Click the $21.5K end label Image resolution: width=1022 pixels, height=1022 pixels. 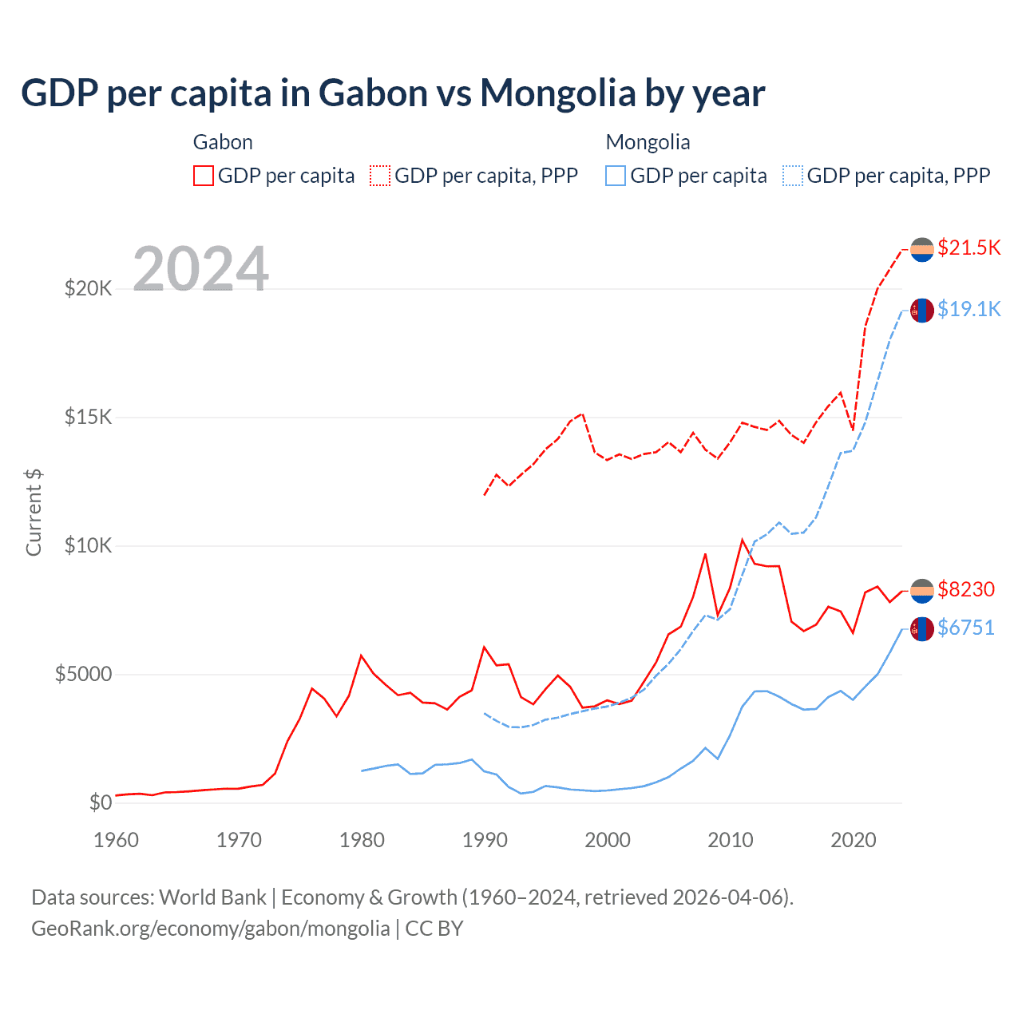point(969,248)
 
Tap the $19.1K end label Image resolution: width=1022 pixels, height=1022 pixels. point(969,309)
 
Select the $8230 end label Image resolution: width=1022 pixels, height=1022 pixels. point(966,589)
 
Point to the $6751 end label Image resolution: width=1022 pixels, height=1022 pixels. point(966,628)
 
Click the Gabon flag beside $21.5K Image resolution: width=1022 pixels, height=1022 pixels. point(922,249)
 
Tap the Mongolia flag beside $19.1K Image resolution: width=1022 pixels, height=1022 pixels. point(922,310)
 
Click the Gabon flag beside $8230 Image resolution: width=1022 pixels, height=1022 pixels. point(922,591)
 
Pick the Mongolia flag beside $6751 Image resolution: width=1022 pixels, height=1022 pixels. point(922,629)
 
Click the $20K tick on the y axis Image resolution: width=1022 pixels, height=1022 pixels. point(88,288)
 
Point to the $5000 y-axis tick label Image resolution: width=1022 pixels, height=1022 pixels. point(83,675)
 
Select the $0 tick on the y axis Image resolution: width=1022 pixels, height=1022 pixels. point(100,802)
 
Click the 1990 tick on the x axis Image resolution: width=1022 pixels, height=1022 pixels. point(485,840)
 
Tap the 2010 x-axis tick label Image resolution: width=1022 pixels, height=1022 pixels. point(731,840)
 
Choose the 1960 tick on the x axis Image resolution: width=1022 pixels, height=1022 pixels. point(117,840)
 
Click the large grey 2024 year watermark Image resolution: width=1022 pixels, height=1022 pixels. point(200,269)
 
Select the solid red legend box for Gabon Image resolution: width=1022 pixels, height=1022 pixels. point(204,176)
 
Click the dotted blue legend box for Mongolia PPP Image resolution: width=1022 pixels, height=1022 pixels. point(793,176)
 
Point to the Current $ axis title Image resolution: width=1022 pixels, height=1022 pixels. point(34,513)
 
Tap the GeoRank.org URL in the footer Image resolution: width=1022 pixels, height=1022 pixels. point(210,929)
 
